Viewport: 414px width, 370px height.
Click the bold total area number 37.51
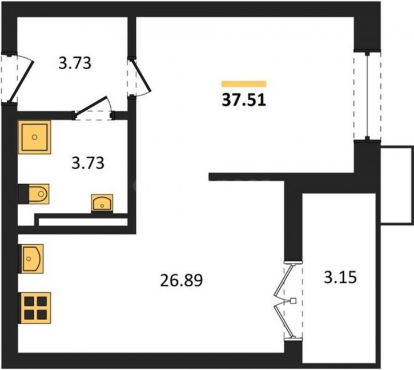tap(244, 100)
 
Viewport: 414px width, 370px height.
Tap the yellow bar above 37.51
tap(244, 84)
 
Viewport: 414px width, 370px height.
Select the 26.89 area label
tap(182, 280)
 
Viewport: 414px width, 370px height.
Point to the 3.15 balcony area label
tap(340, 277)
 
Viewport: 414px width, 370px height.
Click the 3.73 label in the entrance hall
tap(75, 63)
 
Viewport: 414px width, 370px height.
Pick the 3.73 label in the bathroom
tap(88, 162)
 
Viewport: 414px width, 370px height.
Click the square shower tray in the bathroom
tap(34, 137)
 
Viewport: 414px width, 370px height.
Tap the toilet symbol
tap(34, 194)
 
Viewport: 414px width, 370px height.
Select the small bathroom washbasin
tap(102, 204)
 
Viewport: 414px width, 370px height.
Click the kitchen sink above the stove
tap(31, 258)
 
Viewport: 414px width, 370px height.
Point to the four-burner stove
tap(34, 308)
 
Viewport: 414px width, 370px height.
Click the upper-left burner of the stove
tap(29, 301)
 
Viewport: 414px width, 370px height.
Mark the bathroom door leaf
tap(92, 106)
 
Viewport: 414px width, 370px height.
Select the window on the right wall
tap(367, 95)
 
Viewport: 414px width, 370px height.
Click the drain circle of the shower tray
tap(34, 137)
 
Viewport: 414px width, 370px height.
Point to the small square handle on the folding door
tap(293, 301)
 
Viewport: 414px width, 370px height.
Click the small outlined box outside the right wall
tap(396, 185)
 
